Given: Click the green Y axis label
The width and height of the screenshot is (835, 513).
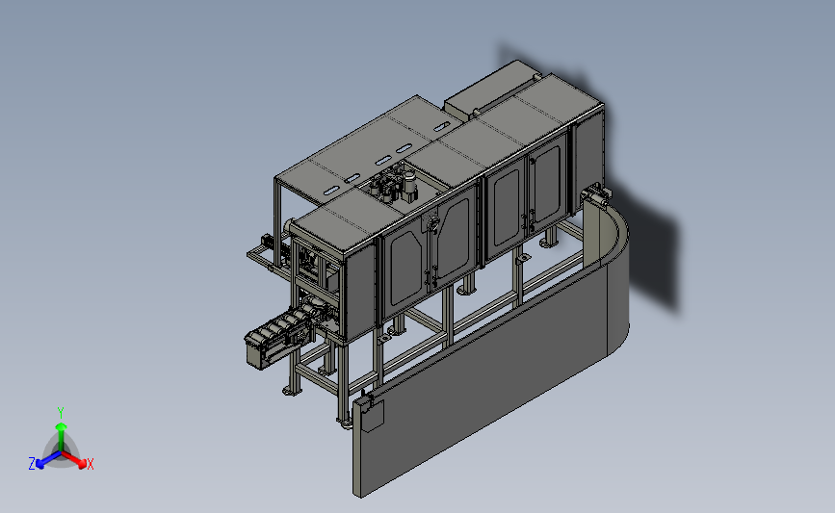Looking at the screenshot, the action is [61, 413].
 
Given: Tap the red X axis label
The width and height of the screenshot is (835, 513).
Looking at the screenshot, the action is [90, 464].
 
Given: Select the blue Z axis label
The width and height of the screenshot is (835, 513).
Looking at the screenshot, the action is [32, 464].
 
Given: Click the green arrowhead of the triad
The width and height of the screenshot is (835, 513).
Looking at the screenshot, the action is [62, 426].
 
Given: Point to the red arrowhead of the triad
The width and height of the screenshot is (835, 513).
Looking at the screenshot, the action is [82, 464].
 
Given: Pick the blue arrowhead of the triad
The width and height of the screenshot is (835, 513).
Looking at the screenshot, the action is [40, 464].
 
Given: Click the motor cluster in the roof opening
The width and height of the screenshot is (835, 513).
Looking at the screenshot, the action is [395, 184].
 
